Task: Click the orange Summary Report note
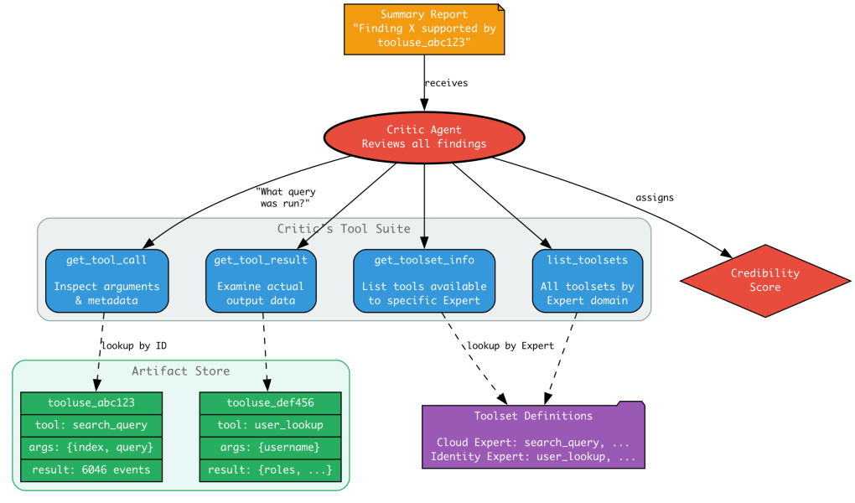424,29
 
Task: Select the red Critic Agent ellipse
424,137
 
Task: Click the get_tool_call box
106,280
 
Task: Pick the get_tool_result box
261,280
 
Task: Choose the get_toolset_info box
424,280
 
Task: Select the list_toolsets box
587,280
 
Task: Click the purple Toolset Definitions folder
533,436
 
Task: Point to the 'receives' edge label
446,83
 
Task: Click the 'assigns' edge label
655,198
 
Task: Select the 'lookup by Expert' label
510,345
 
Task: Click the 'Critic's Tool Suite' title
344,229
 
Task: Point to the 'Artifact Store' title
180,371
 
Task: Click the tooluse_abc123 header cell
91,402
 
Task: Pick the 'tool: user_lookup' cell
270,425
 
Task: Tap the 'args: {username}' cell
270,448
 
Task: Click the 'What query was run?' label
285,198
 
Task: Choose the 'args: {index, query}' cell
91,448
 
